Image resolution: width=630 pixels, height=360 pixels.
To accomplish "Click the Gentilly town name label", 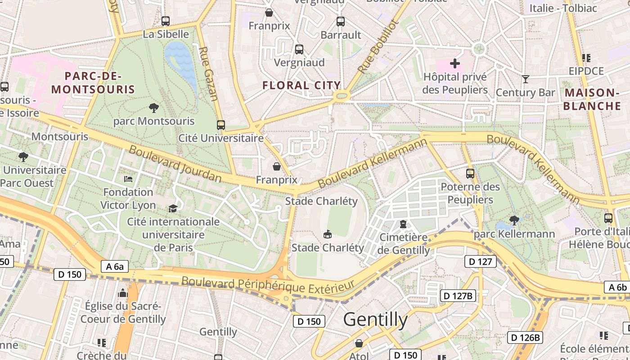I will click(375, 319).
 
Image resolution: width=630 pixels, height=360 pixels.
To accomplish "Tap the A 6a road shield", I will click(115, 266).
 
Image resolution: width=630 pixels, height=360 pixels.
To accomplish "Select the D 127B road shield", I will click(457, 296).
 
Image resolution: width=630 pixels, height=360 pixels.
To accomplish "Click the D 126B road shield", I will click(526, 337).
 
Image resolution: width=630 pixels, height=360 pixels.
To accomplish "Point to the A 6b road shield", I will click(617, 288).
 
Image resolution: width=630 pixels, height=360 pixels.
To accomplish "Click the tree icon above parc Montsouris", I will click(153, 108).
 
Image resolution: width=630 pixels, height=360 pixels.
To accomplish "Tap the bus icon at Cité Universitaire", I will click(220, 125).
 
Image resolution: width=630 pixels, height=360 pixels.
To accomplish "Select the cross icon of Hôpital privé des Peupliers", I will click(455, 63).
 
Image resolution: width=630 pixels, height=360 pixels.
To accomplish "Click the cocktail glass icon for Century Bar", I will click(525, 79).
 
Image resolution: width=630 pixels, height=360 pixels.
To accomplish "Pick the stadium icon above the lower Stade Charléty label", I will click(328, 234).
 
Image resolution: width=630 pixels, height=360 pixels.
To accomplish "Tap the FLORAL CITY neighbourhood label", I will click(301, 85).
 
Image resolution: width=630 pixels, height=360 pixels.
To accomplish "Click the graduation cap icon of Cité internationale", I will click(173, 208).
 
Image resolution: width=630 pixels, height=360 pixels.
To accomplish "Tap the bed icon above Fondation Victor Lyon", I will click(128, 179).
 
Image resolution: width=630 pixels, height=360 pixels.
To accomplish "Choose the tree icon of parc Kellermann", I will click(513, 220).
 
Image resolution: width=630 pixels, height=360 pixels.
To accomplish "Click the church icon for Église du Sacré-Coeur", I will click(122, 293).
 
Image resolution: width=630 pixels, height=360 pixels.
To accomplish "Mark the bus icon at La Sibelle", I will click(165, 21).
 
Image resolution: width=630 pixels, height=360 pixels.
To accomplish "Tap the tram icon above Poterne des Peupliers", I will click(470, 173).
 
